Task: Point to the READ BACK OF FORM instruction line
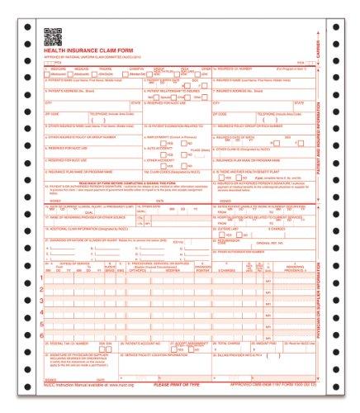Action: [124, 180]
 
